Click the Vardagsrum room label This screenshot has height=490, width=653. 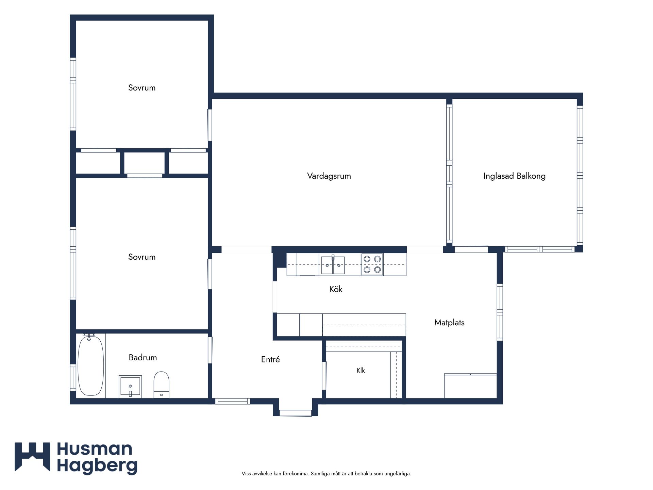(x=329, y=176)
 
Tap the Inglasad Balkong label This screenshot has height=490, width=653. (x=514, y=176)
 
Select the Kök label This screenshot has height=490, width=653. (x=336, y=289)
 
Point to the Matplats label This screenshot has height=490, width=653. (x=449, y=323)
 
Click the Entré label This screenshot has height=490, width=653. (x=270, y=359)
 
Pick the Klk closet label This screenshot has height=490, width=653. (x=361, y=370)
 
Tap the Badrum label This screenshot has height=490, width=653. (x=143, y=357)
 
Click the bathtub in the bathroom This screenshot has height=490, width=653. (x=91, y=365)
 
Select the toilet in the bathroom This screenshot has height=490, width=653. (x=161, y=385)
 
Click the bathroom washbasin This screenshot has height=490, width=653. (x=130, y=387)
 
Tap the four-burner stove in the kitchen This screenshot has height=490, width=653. (x=372, y=264)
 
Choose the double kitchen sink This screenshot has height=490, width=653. (x=333, y=265)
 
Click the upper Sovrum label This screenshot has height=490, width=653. (x=142, y=88)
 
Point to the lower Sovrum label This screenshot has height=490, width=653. (x=142, y=257)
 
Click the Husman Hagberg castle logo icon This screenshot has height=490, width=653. (x=32, y=457)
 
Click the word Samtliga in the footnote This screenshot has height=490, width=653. (x=321, y=474)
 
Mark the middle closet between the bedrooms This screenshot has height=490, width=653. (x=145, y=163)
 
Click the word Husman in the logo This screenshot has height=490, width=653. (x=95, y=449)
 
